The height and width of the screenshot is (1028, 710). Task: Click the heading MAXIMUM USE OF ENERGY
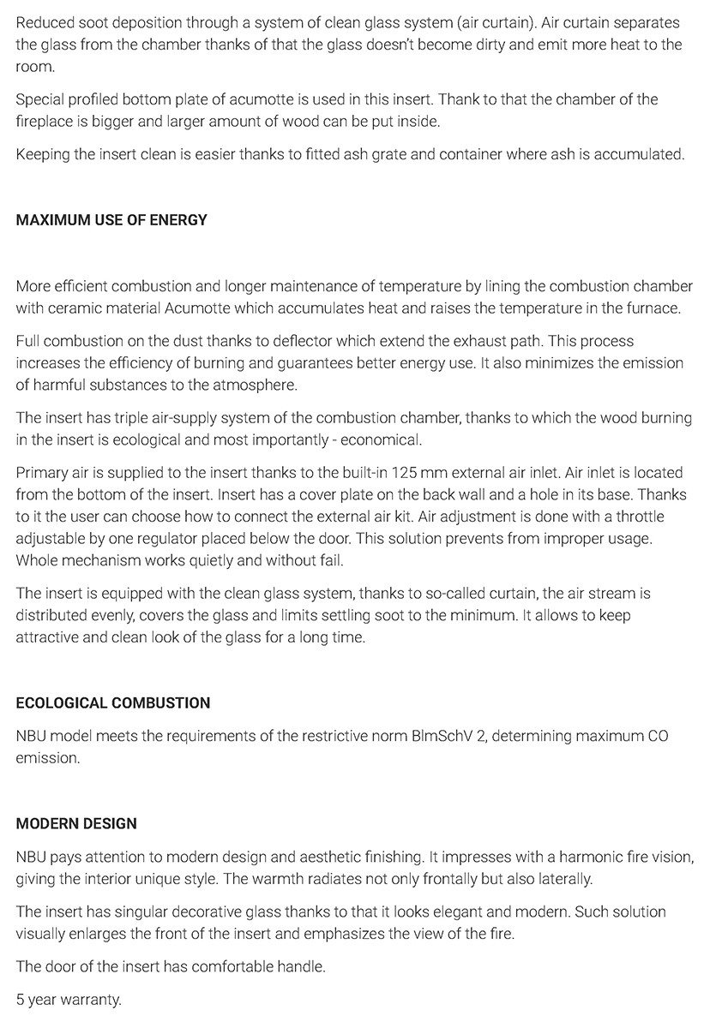point(111,220)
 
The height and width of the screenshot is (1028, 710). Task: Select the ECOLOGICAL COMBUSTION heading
point(112,703)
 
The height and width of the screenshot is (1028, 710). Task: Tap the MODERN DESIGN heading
point(76,824)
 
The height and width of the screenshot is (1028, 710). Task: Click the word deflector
point(305,341)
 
